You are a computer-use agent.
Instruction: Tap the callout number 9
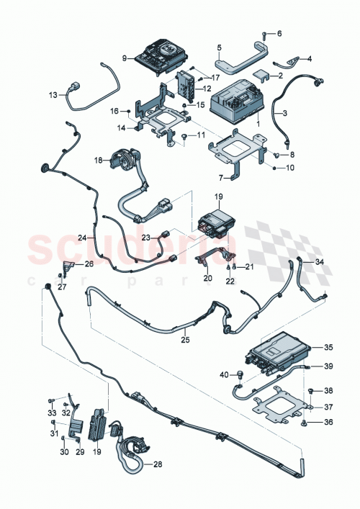(124, 58)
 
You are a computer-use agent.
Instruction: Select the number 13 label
(53, 95)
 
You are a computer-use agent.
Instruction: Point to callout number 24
(83, 237)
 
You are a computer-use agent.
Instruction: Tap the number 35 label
(329, 347)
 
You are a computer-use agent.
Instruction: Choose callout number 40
(223, 374)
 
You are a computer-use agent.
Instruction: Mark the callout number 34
(320, 262)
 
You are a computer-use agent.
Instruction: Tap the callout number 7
(222, 178)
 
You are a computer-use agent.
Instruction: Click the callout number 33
(51, 413)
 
